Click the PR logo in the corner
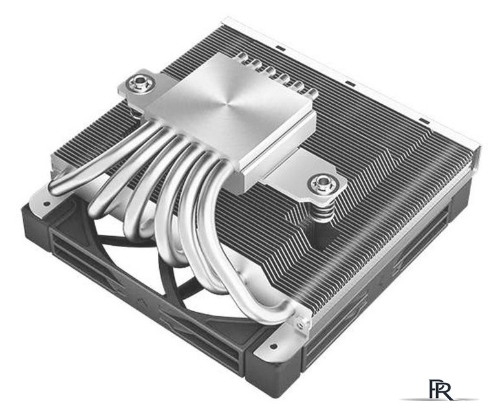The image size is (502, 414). [x=441, y=389]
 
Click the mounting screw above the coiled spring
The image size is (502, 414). [x=322, y=184]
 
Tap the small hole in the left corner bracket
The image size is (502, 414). [x=47, y=203]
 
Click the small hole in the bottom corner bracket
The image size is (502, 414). [x=274, y=346]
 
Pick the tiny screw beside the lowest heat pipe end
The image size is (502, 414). [x=301, y=325]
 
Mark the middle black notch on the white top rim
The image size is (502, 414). [x=350, y=84]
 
